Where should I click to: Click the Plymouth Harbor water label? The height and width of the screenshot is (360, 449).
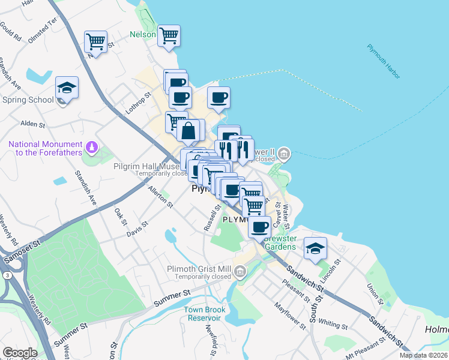click(x=384, y=62)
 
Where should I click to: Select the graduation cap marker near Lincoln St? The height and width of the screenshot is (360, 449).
click(x=315, y=248)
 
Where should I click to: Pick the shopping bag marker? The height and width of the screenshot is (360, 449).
click(x=188, y=130)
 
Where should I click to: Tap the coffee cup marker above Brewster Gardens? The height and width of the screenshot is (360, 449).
click(x=259, y=227)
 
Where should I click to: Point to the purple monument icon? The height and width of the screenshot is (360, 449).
click(x=92, y=145)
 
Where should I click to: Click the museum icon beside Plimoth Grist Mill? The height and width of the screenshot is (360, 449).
click(x=240, y=272)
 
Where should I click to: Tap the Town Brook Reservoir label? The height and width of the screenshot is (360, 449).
click(x=203, y=313)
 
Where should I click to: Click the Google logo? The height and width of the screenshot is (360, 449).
click(x=20, y=352)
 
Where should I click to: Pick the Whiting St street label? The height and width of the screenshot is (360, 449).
click(x=333, y=323)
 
